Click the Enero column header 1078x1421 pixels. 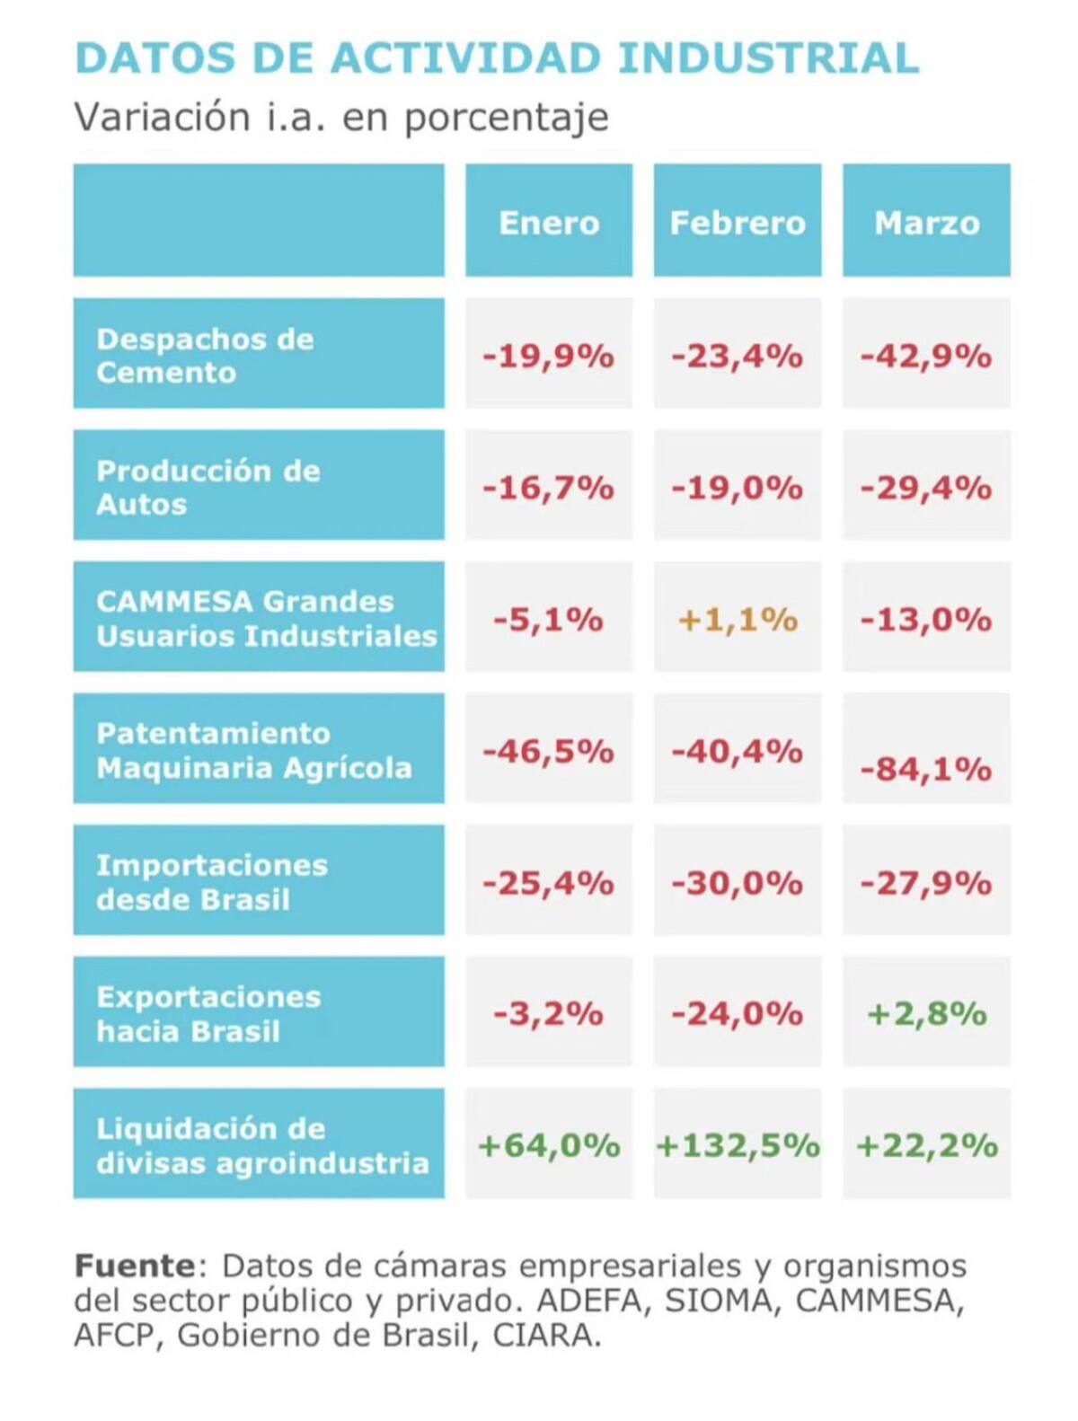coord(549,222)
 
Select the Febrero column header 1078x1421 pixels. coord(738,222)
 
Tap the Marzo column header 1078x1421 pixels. coord(926,222)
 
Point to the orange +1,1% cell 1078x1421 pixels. coord(738,620)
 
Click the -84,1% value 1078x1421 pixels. coord(926,769)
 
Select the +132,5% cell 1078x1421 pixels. coord(738,1145)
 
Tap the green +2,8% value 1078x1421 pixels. coord(926,1014)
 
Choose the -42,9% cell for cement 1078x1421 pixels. coord(926,357)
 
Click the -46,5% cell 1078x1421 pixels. coord(549,750)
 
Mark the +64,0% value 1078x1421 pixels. coord(549,1145)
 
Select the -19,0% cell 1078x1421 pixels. coord(738,488)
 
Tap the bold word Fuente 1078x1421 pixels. coord(135,1266)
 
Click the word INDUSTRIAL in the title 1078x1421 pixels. coord(769,58)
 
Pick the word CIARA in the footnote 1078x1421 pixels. coord(546,1336)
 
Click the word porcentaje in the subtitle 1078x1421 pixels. coord(506,118)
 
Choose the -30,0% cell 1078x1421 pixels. coord(738,883)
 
